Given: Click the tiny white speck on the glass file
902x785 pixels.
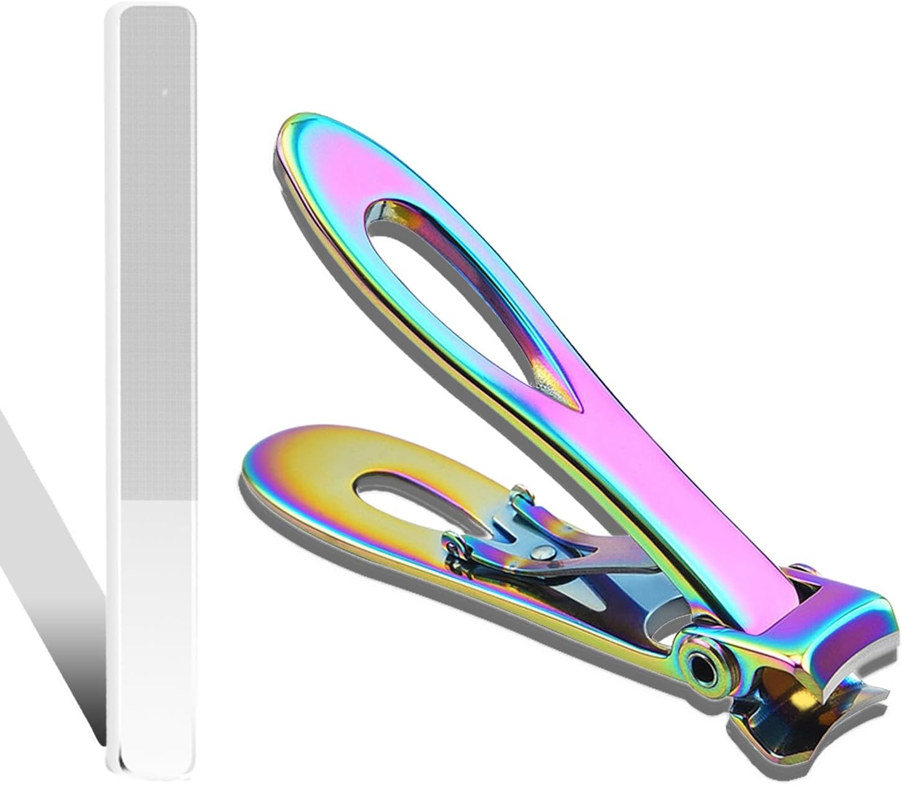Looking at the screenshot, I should point(165,93).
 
